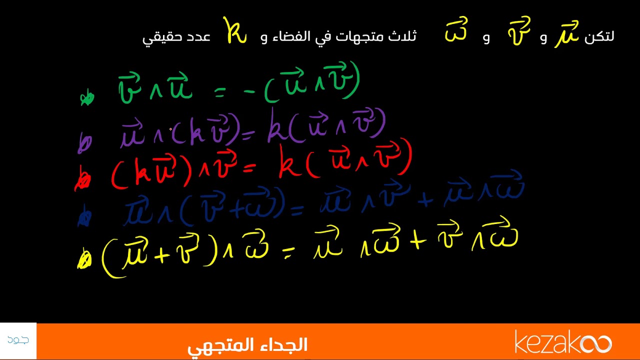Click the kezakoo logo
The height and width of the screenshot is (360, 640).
563,343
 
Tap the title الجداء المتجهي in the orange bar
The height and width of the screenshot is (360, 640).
247,345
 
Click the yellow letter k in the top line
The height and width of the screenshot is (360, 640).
234,32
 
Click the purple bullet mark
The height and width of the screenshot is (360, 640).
84,144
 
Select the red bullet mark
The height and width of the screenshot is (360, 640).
82,181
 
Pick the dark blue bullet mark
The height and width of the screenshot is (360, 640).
84,217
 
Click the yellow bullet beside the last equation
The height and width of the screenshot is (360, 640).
84,260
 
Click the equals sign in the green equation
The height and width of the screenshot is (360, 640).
220,91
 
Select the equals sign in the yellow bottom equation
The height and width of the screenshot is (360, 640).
287,255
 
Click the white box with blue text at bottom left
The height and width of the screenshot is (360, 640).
18,341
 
